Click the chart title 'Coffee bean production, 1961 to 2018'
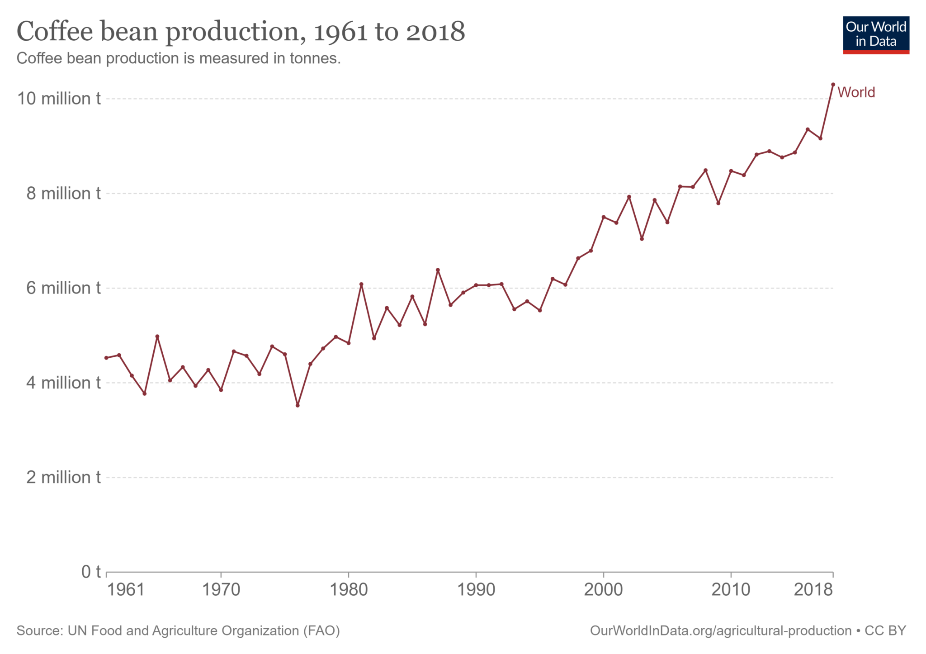(241, 32)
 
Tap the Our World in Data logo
(875, 35)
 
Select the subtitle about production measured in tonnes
(179, 58)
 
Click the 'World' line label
(856, 92)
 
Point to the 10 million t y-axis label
(59, 99)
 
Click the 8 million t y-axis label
(63, 194)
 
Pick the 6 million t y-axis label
(63, 288)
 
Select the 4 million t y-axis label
(63, 383)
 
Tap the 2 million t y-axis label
(63, 478)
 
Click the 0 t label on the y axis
(91, 572)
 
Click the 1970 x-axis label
(221, 590)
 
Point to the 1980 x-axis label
(348, 590)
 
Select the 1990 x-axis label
(476, 590)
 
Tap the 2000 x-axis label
(603, 590)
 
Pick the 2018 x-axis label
(813, 590)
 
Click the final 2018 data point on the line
(833, 85)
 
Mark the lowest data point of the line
(298, 405)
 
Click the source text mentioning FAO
(178, 630)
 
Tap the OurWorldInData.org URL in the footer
(720, 630)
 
